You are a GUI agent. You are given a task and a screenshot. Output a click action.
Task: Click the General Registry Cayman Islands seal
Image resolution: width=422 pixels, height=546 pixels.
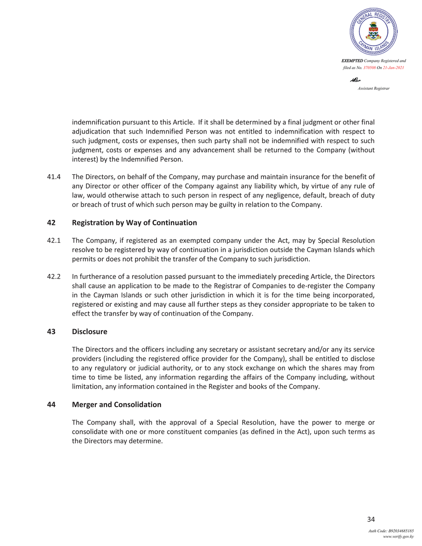[373, 31]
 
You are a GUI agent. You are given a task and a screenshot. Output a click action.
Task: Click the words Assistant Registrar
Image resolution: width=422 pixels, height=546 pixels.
[373, 88]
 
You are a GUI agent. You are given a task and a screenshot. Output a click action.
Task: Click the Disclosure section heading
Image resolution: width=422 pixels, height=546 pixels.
[89, 331]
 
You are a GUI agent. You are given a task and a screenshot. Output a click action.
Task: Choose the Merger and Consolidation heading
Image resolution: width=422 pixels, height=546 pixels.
[117, 405]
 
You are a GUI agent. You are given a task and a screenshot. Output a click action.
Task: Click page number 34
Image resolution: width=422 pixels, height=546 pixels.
[370, 520]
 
